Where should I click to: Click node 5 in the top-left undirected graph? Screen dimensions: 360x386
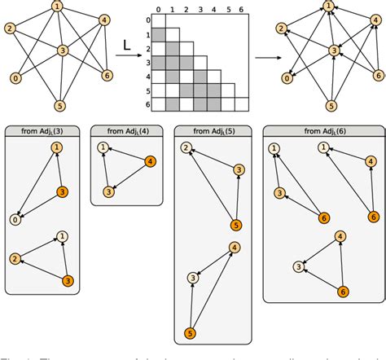coord(60,105)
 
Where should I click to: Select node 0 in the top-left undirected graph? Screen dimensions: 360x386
coord(15,78)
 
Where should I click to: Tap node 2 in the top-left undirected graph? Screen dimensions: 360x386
coord(10,29)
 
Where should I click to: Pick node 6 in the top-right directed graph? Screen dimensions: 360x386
coord(377,75)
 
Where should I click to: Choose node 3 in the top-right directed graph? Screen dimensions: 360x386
coord(333,50)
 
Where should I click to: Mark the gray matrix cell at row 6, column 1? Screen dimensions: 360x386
coord(173,103)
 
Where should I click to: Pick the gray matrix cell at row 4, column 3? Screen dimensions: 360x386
coord(200,76)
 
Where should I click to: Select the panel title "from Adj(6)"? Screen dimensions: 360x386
coord(323,130)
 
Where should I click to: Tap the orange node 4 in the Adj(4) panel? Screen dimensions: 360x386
coord(150,161)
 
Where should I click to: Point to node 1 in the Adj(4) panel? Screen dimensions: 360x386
coord(103,148)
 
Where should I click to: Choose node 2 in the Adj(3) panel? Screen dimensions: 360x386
coord(15,259)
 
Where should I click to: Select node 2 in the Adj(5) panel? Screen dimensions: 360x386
coord(186,147)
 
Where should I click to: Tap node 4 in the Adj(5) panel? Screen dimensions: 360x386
coord(234,248)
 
